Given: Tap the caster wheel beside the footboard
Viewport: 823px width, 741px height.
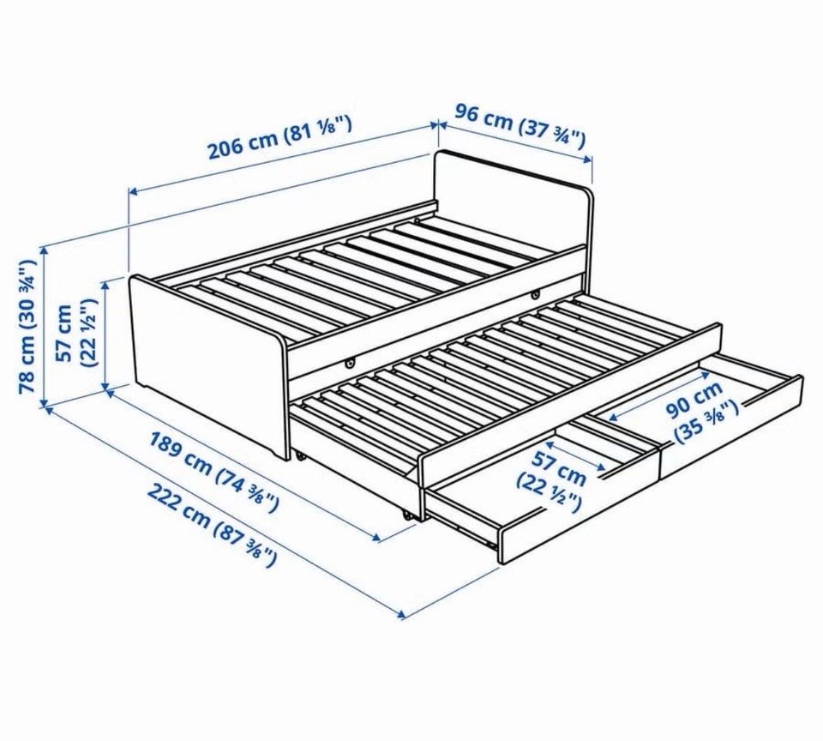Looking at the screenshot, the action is pyautogui.click(x=300, y=456).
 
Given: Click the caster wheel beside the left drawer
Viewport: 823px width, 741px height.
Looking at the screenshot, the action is pyautogui.click(x=407, y=515).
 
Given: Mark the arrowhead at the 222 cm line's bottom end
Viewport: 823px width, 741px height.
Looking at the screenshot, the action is pyautogui.click(x=401, y=614).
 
